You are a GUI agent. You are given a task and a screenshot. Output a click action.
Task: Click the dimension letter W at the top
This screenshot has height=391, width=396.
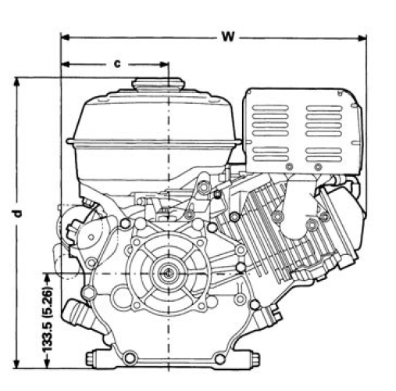227,36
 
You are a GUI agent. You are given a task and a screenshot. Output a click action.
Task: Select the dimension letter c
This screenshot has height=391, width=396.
116,63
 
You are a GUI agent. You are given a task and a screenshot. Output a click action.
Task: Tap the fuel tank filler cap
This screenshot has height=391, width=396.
157,85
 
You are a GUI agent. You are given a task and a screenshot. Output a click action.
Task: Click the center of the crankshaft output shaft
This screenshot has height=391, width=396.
168,274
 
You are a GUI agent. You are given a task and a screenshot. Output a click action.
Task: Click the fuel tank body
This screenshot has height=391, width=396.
152,141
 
